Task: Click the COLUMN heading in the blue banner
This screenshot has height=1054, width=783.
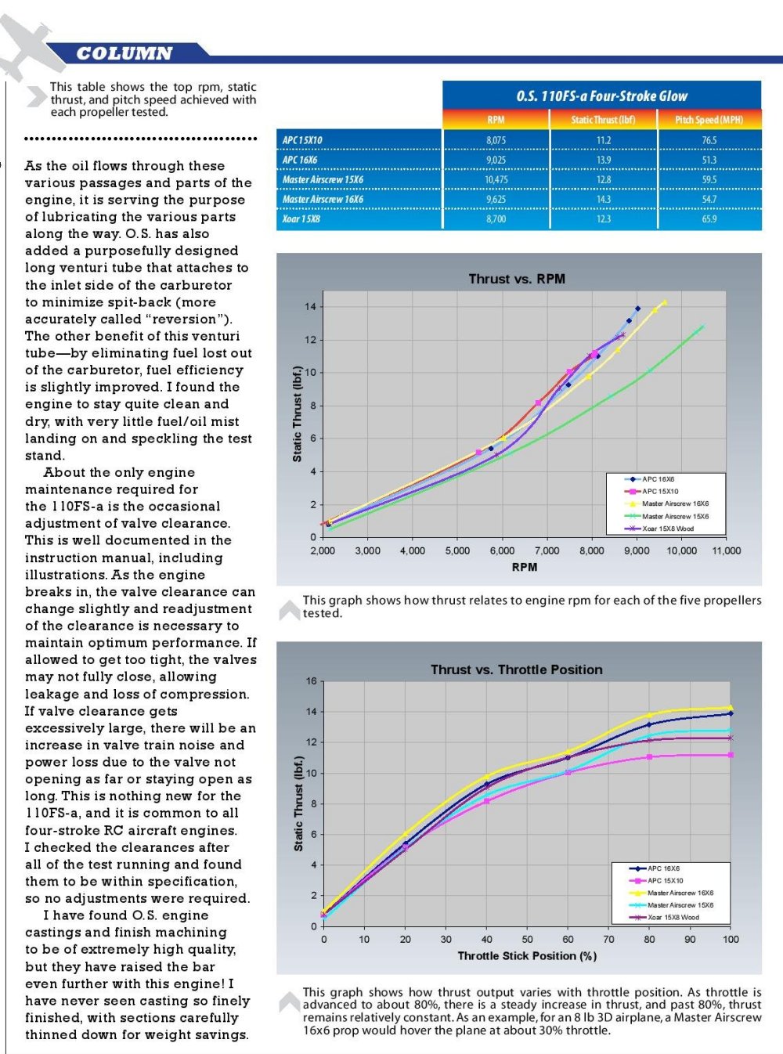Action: pyautogui.click(x=124, y=53)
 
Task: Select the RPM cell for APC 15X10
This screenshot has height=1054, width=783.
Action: pyautogui.click(x=496, y=140)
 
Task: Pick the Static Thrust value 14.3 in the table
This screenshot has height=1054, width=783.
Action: pyautogui.click(x=604, y=199)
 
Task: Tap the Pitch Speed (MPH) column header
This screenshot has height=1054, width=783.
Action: pyautogui.click(x=709, y=120)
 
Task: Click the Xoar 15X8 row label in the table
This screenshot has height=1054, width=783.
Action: pyautogui.click(x=301, y=219)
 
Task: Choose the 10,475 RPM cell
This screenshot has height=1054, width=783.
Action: pyautogui.click(x=496, y=179)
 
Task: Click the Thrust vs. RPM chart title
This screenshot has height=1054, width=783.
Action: pyautogui.click(x=517, y=279)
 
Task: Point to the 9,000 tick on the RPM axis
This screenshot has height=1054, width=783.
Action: pyautogui.click(x=637, y=550)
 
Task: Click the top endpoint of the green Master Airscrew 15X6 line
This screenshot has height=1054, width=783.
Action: pyautogui.click(x=702, y=327)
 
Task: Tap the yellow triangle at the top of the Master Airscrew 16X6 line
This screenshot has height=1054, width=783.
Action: pyautogui.click(x=664, y=303)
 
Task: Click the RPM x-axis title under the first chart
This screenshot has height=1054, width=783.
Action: pyautogui.click(x=524, y=567)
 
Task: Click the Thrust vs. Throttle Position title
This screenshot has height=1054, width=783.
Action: pyautogui.click(x=517, y=670)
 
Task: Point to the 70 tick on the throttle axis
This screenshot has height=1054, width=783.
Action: pyautogui.click(x=608, y=940)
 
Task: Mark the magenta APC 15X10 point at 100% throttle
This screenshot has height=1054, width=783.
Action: pyautogui.click(x=731, y=755)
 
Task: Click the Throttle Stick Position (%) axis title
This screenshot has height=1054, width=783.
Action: pyautogui.click(x=527, y=956)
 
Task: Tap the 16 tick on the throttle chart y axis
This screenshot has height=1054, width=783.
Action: pyautogui.click(x=311, y=681)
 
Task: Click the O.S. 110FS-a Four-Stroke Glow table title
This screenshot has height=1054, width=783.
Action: pyautogui.click(x=601, y=96)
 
